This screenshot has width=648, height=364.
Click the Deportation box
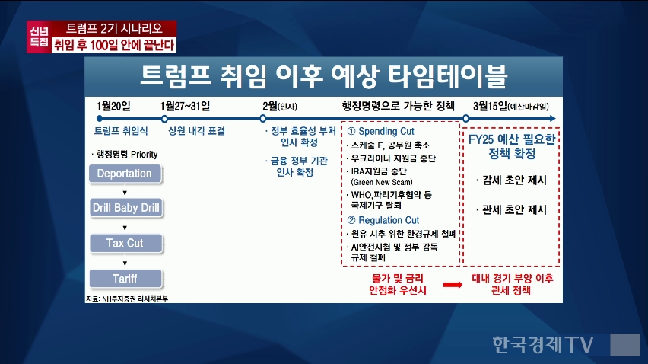tap(125, 174)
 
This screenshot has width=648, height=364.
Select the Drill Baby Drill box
tap(126, 208)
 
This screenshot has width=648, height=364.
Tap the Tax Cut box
tap(125, 243)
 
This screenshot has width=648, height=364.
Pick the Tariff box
tap(125, 279)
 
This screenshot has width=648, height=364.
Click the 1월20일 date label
tap(113, 107)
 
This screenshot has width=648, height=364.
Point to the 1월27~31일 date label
tap(185, 107)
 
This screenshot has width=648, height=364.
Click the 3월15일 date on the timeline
tap(490, 107)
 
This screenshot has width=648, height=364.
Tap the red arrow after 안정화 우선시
tap(453, 285)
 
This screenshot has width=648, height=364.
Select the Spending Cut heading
tap(380, 132)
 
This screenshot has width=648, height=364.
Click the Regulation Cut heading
tap(383, 220)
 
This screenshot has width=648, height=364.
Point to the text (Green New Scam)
tap(382, 182)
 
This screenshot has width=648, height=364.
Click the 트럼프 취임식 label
tap(121, 131)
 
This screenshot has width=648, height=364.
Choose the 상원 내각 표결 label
tap(197, 131)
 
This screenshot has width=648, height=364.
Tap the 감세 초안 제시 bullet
tap(511, 180)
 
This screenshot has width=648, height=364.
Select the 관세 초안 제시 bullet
tap(511, 210)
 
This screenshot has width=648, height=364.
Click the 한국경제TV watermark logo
tap(542, 344)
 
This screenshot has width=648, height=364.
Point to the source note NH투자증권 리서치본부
tap(127, 299)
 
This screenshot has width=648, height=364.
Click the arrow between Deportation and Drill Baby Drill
tap(125, 190)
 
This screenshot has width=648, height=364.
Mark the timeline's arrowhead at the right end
tap(552, 119)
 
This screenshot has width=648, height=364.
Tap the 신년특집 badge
tap(40, 37)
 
